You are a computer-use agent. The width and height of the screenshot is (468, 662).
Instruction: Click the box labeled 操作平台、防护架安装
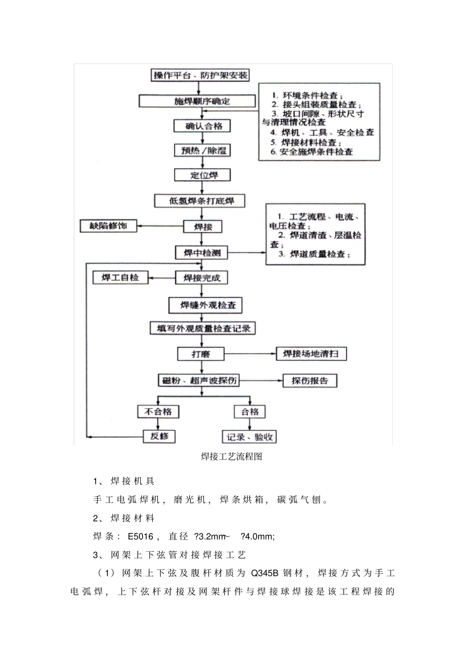(x=200, y=75)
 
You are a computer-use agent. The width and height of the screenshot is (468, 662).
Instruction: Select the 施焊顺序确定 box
(x=198, y=101)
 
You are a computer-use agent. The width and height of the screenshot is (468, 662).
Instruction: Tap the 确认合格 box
(x=202, y=126)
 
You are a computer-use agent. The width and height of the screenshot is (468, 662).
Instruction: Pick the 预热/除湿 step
(x=202, y=150)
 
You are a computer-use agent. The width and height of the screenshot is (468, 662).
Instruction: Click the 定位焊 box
(x=202, y=175)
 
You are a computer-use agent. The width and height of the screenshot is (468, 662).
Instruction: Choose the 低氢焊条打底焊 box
(x=200, y=201)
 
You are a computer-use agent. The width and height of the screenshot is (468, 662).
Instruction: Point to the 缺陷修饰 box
(x=109, y=226)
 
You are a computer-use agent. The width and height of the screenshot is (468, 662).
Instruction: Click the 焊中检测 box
(x=202, y=253)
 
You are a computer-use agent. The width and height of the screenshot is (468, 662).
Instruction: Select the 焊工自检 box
(x=121, y=278)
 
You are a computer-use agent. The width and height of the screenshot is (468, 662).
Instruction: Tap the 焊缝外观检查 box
(x=205, y=305)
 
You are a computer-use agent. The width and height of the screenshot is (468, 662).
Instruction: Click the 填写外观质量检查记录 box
(x=202, y=328)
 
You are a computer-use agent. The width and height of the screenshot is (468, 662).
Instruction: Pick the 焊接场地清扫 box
(x=311, y=354)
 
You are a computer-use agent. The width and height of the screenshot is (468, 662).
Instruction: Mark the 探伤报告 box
(x=309, y=380)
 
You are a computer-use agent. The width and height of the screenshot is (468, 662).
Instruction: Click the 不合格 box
(x=158, y=411)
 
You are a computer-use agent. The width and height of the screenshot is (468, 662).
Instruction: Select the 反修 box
(x=159, y=436)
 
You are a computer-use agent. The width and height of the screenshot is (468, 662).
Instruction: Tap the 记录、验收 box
(x=249, y=437)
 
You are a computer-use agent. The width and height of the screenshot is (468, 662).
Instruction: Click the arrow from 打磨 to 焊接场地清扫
(x=250, y=354)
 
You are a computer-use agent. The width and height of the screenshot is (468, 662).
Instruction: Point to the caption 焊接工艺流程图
(x=232, y=456)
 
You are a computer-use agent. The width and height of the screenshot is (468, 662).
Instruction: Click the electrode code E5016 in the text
(x=140, y=536)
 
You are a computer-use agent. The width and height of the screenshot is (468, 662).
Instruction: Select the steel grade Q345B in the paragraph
(x=265, y=573)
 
